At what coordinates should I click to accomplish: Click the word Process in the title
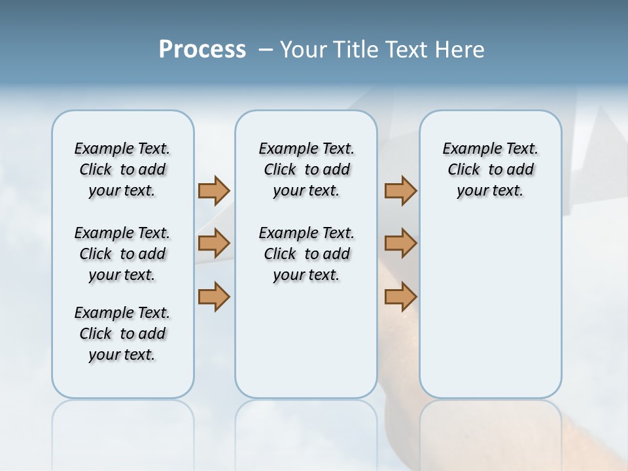pyautogui.click(x=202, y=50)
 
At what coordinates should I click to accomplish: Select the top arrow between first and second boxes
pyautogui.click(x=214, y=190)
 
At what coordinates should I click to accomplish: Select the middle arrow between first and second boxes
pyautogui.click(x=214, y=243)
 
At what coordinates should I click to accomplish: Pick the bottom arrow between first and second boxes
pyautogui.click(x=214, y=296)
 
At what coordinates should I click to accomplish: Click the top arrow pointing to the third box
pyautogui.click(x=400, y=190)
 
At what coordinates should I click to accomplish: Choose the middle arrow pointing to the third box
pyautogui.click(x=400, y=243)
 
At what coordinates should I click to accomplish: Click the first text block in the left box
pyautogui.click(x=122, y=169)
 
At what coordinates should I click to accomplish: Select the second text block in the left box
pyautogui.click(x=122, y=254)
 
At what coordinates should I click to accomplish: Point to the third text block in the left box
pyautogui.click(x=122, y=334)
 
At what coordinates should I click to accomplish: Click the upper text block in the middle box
pyautogui.click(x=306, y=169)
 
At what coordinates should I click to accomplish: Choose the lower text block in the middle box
pyautogui.click(x=306, y=254)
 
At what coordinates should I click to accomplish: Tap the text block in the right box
pyautogui.click(x=491, y=169)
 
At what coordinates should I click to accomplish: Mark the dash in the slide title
pyautogui.click(x=266, y=50)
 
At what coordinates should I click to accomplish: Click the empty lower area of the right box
pyautogui.click(x=491, y=314)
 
